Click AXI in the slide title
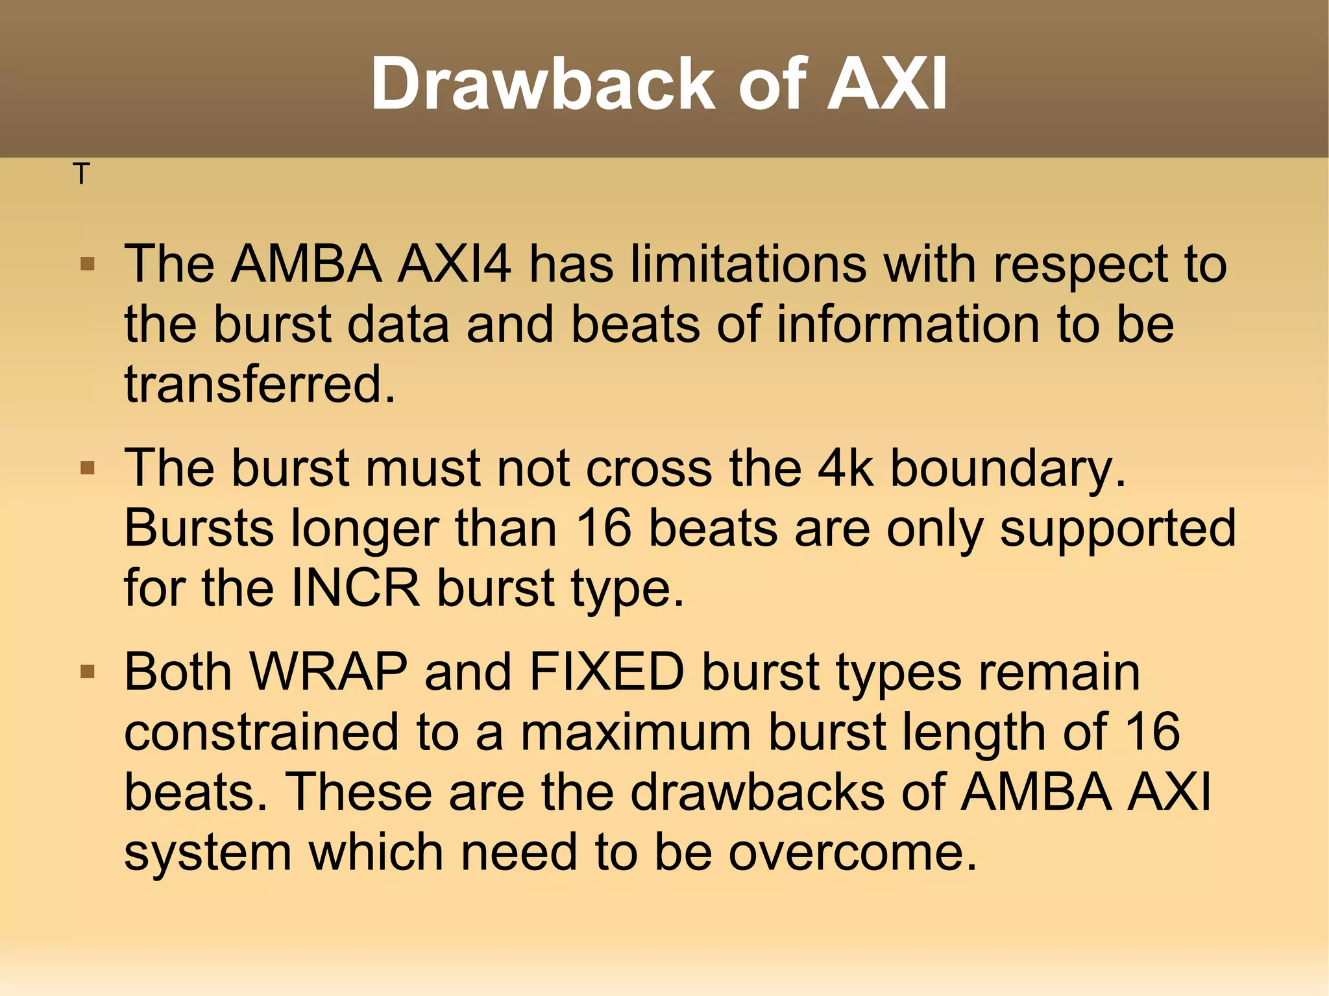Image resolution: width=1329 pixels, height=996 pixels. pos(886,84)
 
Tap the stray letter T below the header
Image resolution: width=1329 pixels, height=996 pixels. pos(80,174)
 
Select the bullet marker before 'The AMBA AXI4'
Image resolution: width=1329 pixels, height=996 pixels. pos(88,264)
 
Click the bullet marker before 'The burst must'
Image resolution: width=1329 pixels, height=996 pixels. pos(88,468)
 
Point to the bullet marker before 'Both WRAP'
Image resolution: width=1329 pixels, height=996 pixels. pos(88,672)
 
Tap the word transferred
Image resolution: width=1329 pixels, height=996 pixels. pos(260,384)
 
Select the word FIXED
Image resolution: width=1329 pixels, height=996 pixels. pos(607,672)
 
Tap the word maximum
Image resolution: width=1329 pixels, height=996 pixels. pos(635,732)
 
